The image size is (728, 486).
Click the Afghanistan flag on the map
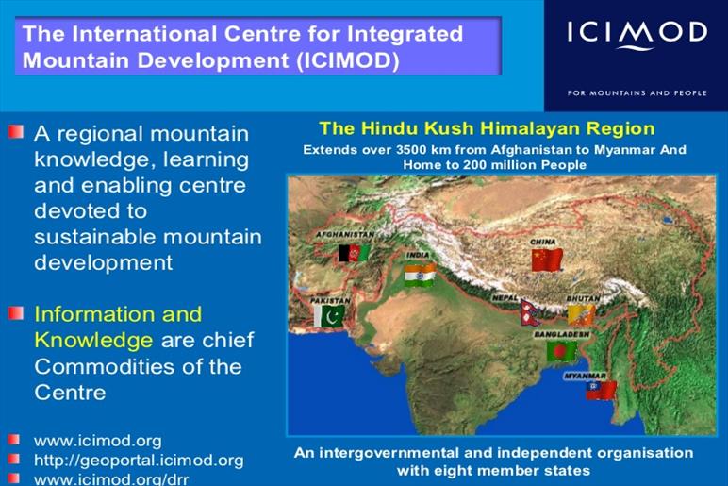click(354, 253)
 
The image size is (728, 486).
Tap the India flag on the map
click(420, 275)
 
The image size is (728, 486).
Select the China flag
click(547, 260)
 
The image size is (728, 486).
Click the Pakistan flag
click(329, 316)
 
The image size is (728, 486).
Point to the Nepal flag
click(531, 312)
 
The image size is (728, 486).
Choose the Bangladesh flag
click(562, 351)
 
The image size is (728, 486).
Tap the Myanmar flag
click(602, 391)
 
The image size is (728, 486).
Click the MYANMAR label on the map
click(585, 376)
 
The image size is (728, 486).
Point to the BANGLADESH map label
click(562, 334)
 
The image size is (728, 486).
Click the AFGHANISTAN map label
click(345, 235)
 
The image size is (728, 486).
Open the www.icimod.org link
click(98, 440)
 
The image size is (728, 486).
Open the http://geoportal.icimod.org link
click(139, 460)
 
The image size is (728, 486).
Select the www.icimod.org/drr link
click(111, 479)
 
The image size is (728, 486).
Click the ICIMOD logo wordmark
click(637, 34)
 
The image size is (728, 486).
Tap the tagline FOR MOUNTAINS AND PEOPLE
click(637, 92)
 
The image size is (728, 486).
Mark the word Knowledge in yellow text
click(93, 341)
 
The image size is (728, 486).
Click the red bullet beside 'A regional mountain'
click(15, 132)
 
